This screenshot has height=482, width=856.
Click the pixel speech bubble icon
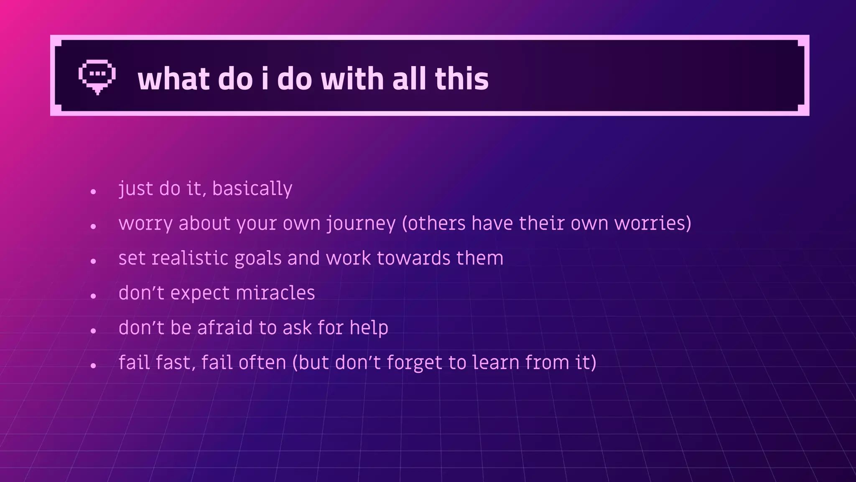(97, 77)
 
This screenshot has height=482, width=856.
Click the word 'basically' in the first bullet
(252, 189)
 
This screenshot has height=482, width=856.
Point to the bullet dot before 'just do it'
(93, 192)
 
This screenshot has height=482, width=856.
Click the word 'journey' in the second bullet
(361, 223)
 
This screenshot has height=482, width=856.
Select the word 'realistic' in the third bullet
(190, 258)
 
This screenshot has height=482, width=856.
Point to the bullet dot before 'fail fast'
(93, 366)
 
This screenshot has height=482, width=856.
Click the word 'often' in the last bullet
(262, 362)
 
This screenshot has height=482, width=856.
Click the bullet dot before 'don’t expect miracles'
(93, 296)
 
